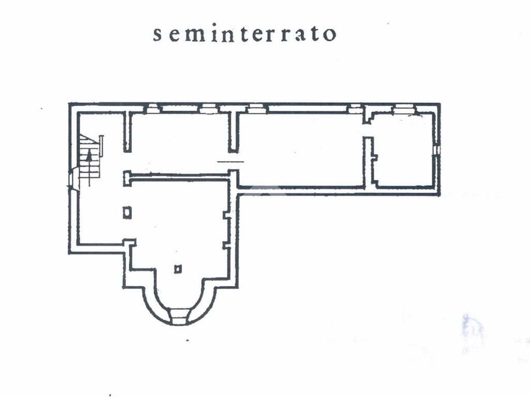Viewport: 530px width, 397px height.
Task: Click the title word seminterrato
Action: [245, 34]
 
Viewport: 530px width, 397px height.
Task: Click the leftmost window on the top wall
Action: [153, 109]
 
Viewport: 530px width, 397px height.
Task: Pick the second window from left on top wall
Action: [209, 109]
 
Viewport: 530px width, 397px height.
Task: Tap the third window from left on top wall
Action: [256, 109]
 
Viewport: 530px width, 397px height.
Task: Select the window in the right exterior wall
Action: [437, 149]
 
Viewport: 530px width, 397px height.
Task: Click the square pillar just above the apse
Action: [178, 269]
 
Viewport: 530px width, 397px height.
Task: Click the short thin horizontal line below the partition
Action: [230, 162]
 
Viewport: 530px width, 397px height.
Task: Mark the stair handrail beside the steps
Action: [101, 146]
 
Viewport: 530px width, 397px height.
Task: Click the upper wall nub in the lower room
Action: [226, 214]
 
